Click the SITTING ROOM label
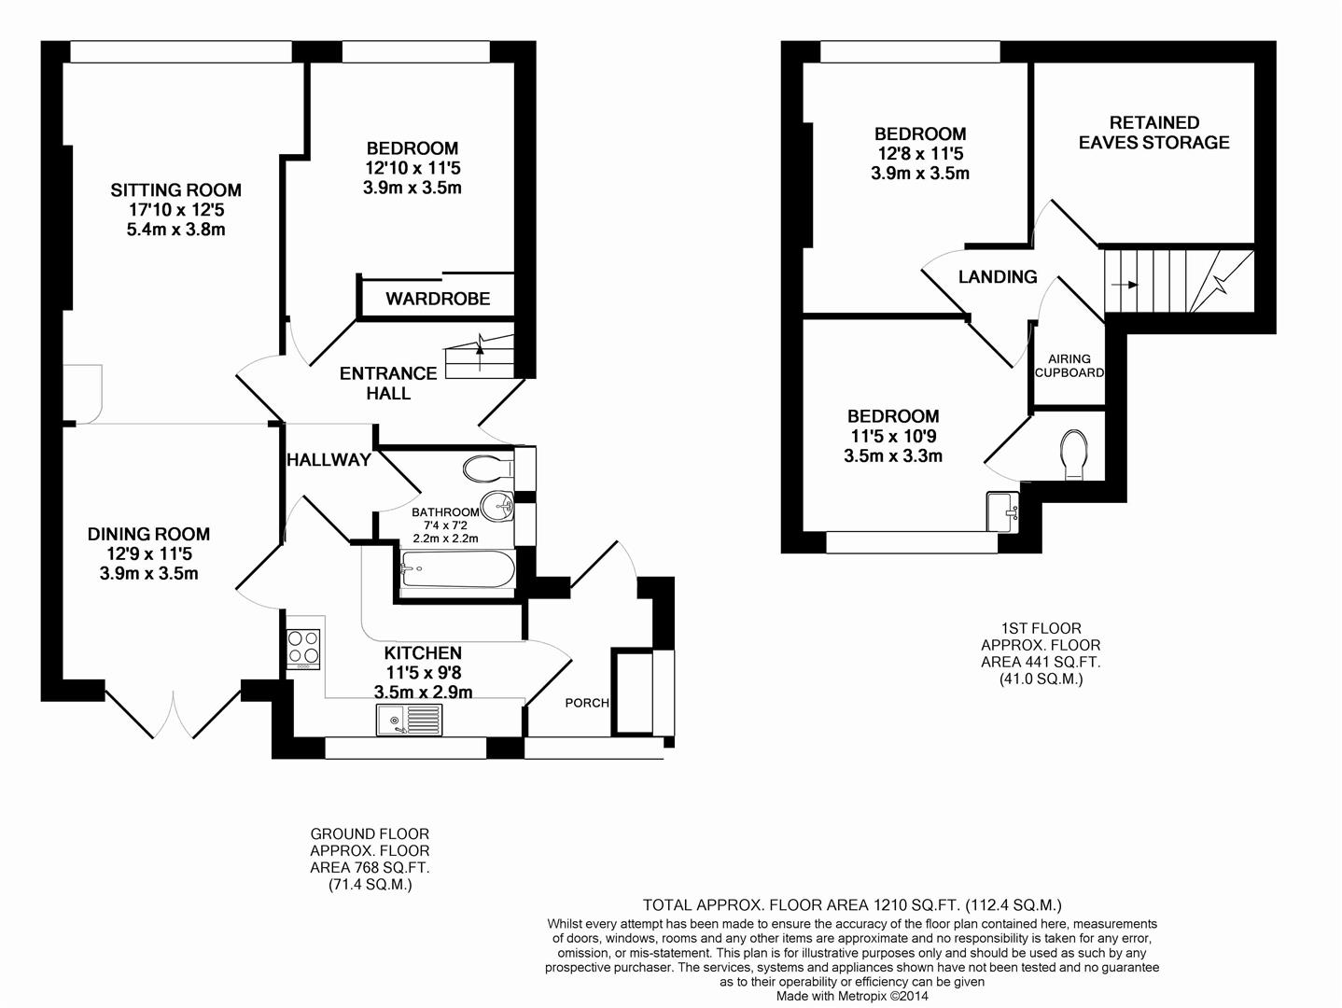click(x=175, y=190)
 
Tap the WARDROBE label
click(x=438, y=299)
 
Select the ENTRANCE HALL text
click(x=388, y=383)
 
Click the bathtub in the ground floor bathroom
click(x=456, y=570)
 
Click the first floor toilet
click(x=1075, y=454)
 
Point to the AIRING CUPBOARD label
click(x=1069, y=365)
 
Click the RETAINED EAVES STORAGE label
click(x=1153, y=133)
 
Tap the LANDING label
click(x=998, y=276)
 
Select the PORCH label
click(x=586, y=703)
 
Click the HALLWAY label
click(x=329, y=459)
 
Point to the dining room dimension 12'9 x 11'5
click(x=148, y=553)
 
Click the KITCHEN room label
click(x=423, y=652)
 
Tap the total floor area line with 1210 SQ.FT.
click(x=851, y=904)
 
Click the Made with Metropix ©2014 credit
click(x=851, y=996)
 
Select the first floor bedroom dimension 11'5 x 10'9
click(x=892, y=436)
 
